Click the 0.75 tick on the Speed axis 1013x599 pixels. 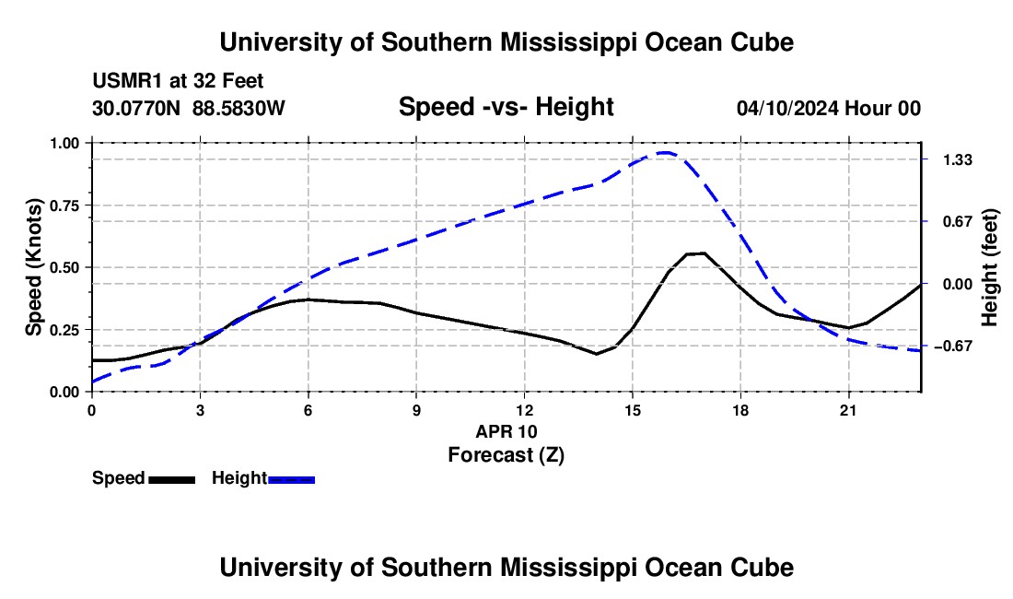coord(66,206)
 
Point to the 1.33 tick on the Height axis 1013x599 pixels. coord(958,159)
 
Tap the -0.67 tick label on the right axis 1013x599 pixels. coord(953,346)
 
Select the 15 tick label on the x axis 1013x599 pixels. coord(633,410)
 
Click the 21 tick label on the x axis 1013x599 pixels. coord(848,410)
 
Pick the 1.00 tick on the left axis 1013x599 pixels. coord(66,143)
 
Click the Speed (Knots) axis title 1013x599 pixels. coord(33,267)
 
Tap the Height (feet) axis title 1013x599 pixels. coord(989,267)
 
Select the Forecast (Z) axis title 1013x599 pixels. coord(506,455)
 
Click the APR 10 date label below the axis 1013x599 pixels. coord(506,431)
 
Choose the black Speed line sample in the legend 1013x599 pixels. coord(172,479)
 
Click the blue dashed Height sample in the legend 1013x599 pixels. coord(291,479)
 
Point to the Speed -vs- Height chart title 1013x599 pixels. coord(506,107)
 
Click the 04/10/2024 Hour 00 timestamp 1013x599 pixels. coord(829,108)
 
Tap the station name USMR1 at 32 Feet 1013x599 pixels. coord(178,81)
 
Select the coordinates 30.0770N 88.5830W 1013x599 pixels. coord(189,108)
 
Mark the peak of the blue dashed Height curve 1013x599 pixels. coord(665,152)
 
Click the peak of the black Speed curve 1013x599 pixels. coord(695,253)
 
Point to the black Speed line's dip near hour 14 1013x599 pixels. coord(597,354)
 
